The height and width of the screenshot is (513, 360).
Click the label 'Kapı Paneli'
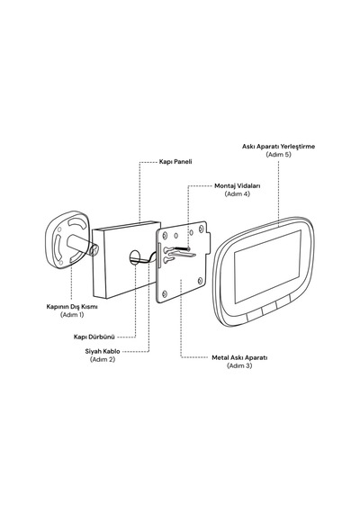coord(175,162)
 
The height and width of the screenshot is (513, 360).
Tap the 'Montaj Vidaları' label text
coord(238,185)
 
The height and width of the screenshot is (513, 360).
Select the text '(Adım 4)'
coord(238,194)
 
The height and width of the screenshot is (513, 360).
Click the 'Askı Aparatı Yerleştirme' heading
coord(278,146)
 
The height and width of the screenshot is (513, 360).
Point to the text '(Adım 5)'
coord(278,155)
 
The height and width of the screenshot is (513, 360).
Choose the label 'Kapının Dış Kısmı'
coord(72,307)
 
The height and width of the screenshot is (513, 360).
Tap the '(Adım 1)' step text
coord(72,315)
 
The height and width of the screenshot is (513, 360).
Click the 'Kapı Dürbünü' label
coord(94,337)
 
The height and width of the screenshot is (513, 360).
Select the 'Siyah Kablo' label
coord(103,351)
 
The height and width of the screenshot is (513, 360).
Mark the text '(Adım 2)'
coord(103,359)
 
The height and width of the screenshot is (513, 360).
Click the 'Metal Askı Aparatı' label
coord(239,357)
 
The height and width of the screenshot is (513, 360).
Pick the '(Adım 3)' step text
coord(239,365)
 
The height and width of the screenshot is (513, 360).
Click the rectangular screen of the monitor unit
coord(267,266)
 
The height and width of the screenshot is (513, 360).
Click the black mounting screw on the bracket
coord(183,249)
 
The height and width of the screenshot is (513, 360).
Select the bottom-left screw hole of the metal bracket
coord(165,293)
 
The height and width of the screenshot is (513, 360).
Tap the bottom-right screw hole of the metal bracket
coord(201,281)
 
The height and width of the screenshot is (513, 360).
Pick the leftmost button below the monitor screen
coord(254,315)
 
